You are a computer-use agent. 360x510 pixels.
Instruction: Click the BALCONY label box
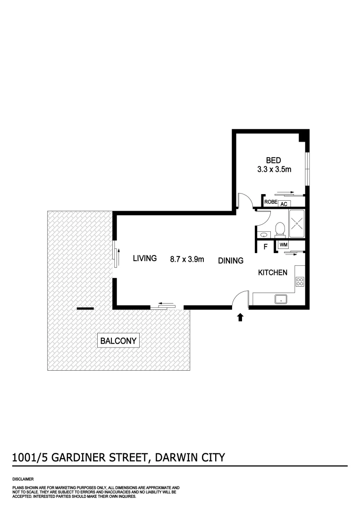click(118, 340)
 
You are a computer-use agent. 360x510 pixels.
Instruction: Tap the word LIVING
click(144, 258)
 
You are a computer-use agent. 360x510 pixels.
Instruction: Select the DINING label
click(230, 261)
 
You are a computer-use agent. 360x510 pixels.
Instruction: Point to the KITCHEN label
click(272, 272)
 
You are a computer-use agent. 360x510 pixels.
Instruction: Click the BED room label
click(273, 161)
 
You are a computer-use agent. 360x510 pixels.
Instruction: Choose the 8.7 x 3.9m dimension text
click(187, 259)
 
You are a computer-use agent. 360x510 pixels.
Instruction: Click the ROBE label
click(270, 202)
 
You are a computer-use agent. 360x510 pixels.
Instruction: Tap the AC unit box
click(284, 204)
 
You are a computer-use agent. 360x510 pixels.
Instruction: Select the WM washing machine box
click(283, 245)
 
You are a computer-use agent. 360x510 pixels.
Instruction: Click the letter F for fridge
click(266, 246)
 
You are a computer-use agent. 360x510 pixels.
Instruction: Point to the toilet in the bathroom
click(280, 229)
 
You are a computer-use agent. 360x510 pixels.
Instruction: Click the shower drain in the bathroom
click(297, 225)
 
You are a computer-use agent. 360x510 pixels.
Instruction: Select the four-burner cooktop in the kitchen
click(300, 282)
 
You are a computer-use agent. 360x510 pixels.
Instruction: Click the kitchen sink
click(281, 299)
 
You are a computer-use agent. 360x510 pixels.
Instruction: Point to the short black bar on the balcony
click(85, 309)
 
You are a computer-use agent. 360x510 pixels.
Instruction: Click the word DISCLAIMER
click(23, 478)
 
